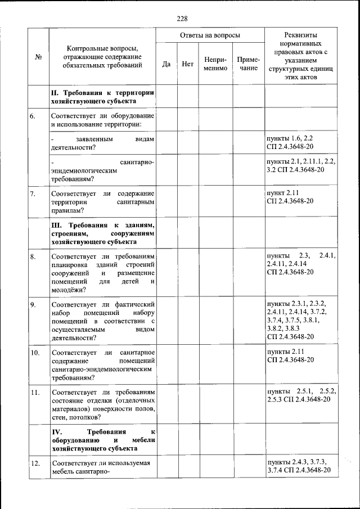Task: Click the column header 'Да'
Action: tap(166, 64)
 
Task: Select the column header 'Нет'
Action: tap(188, 64)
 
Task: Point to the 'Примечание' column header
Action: tap(248, 64)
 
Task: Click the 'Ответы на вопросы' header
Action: tap(210, 35)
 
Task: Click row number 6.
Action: tap(33, 116)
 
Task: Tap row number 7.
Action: tap(33, 194)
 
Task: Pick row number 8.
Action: tap(33, 256)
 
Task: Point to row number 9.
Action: tap(33, 304)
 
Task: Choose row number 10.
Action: tap(34, 353)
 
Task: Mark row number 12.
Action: tap(34, 463)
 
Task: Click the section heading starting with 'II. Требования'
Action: tap(102, 97)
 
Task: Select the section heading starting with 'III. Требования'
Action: tap(102, 233)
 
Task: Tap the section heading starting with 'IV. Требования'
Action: tap(102, 440)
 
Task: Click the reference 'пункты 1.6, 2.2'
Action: tap(289, 138)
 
